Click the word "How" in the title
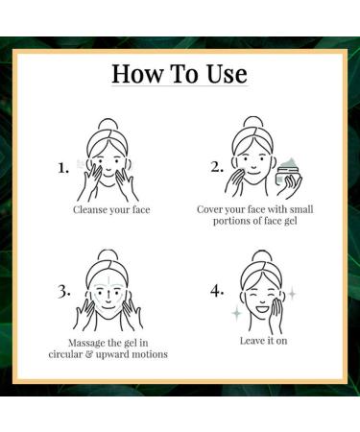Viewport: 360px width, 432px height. pos(137,74)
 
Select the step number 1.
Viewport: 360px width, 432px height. pos(62,168)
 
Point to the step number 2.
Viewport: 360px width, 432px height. pos(217,167)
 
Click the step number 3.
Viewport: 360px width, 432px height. pos(64,292)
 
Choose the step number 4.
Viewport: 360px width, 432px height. pos(217,291)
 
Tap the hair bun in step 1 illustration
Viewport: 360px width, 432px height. pos(108,125)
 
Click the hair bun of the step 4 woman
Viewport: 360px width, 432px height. pos(261,256)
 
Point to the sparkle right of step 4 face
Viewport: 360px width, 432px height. pos(292,294)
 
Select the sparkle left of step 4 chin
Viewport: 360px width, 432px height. pos(236,314)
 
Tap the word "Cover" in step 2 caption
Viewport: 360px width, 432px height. pos(209,209)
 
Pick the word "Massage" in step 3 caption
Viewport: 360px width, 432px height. pos(86,343)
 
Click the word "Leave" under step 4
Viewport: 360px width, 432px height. pos(251,341)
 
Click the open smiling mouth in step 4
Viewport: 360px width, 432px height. pos(262,310)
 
